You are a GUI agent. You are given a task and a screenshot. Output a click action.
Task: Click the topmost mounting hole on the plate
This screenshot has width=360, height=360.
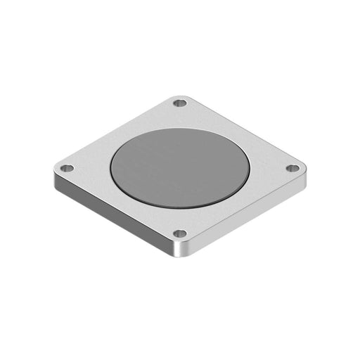pos(181,103)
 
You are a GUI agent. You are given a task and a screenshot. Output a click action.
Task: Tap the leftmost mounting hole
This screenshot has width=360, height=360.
pos(67,169)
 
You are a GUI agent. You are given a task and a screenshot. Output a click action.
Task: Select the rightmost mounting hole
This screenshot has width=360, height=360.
pos(295,168)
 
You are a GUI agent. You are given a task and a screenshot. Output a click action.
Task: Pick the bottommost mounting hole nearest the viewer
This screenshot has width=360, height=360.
pos(180,233)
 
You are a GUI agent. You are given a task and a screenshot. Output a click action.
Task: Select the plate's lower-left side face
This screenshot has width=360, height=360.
pos(112,214)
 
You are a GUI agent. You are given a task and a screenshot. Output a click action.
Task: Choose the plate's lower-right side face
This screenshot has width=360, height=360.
pos(246,214)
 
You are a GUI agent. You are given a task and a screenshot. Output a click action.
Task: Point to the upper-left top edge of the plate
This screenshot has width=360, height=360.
pos(116,131)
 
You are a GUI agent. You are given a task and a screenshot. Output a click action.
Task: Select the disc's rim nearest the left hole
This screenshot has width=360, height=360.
pos(111,169)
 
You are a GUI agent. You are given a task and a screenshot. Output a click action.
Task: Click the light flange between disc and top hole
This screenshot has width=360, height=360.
pos(181,116)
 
